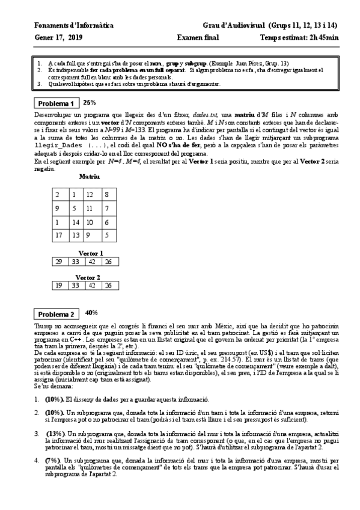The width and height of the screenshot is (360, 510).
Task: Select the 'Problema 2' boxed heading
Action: pyautogui.click(x=55, y=314)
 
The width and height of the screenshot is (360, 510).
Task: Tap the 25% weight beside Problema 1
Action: pyautogui.click(x=89, y=102)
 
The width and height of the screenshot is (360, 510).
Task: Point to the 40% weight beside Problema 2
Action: pyautogui.click(x=91, y=313)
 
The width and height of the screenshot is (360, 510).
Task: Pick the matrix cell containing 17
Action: pyautogui.click(x=58, y=235)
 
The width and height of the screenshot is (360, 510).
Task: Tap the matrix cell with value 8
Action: pyautogui.click(x=106, y=195)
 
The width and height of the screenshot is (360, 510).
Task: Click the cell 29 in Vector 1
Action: pyautogui.click(x=58, y=262)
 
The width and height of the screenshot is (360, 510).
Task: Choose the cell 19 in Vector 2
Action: pyautogui.click(x=58, y=285)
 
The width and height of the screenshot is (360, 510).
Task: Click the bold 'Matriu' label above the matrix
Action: pyautogui.click(x=89, y=176)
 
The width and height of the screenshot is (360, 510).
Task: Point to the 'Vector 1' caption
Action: pyautogui.click(x=91, y=253)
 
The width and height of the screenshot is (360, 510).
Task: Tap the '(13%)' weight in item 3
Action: pyautogui.click(x=55, y=434)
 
